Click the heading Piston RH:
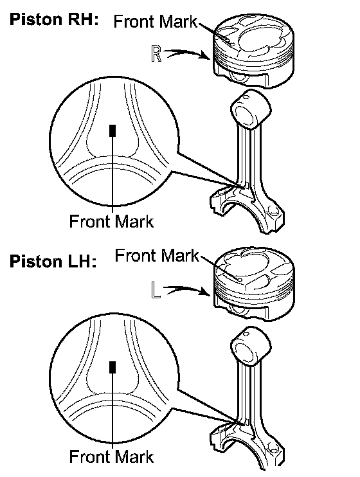(54, 19)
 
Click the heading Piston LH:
(53, 261)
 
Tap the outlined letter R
(156, 53)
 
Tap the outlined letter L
(156, 290)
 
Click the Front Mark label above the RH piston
(155, 21)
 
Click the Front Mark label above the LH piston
(156, 255)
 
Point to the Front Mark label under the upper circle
(111, 221)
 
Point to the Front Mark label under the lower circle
(111, 456)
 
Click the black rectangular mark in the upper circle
(113, 130)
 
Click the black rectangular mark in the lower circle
(113, 367)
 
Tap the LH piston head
(254, 284)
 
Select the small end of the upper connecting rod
(251, 109)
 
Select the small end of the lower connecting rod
(251, 346)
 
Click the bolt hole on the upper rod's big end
(274, 210)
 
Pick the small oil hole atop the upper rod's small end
(246, 97)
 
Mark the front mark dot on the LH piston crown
(239, 279)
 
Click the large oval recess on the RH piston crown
(258, 40)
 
